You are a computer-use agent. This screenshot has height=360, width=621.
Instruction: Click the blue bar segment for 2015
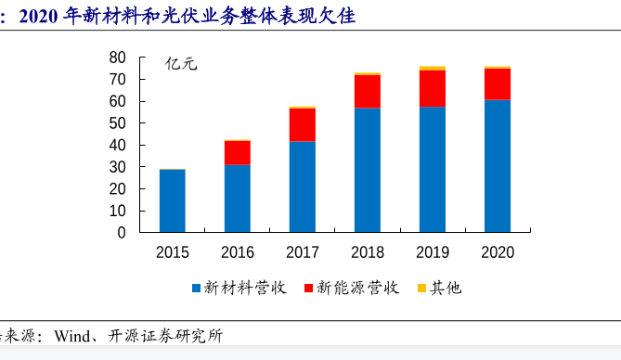pyautogui.click(x=172, y=200)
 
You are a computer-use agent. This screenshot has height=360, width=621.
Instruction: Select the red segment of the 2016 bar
pyautogui.click(x=237, y=153)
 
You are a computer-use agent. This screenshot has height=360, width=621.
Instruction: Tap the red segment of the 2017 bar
pyautogui.click(x=302, y=125)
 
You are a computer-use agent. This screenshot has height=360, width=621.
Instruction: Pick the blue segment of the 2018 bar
pyautogui.click(x=367, y=170)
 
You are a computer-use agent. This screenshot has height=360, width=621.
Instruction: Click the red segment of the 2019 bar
pyautogui.click(x=432, y=89)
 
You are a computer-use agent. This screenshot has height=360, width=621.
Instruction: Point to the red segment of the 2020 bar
pyautogui.click(x=497, y=84)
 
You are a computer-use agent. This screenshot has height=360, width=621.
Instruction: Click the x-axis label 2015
pyautogui.click(x=172, y=252)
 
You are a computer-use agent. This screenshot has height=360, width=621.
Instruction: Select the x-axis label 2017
pyautogui.click(x=302, y=252)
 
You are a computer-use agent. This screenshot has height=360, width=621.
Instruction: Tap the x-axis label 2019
pyautogui.click(x=432, y=252)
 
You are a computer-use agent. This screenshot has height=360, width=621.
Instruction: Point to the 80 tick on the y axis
pyautogui.click(x=117, y=58)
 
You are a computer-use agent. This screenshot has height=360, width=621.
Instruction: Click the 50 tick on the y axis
pyautogui.click(x=117, y=123)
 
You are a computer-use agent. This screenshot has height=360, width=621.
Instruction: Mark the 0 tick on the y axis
pyautogui.click(x=121, y=233)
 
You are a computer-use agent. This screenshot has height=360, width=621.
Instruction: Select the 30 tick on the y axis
pyautogui.click(x=117, y=167)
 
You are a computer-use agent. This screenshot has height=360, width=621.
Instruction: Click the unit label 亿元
pyautogui.click(x=181, y=64)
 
